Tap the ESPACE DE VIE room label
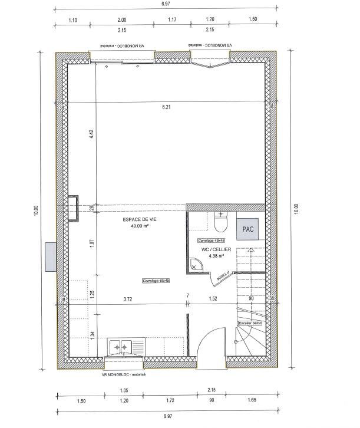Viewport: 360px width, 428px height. tap(140, 219)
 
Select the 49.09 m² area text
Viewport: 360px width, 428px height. tap(140, 225)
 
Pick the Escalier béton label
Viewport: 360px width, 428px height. tap(250, 324)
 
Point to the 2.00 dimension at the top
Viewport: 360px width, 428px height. tap(122, 19)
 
